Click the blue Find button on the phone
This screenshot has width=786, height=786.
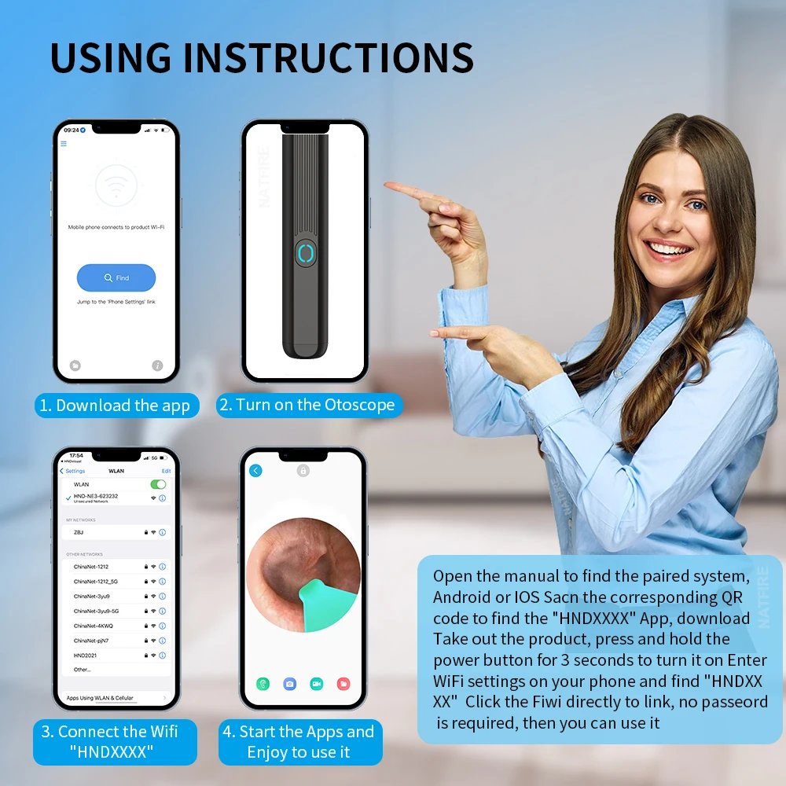click(116, 277)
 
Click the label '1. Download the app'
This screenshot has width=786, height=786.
click(116, 406)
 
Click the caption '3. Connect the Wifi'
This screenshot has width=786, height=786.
click(109, 731)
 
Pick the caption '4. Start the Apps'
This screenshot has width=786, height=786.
click(298, 732)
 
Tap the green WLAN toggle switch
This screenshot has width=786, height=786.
click(158, 484)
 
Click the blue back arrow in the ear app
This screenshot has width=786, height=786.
click(255, 471)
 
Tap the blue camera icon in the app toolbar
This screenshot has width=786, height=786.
click(289, 684)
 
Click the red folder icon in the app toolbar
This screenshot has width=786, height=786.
click(343, 684)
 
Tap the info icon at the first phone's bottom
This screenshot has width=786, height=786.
click(157, 365)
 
